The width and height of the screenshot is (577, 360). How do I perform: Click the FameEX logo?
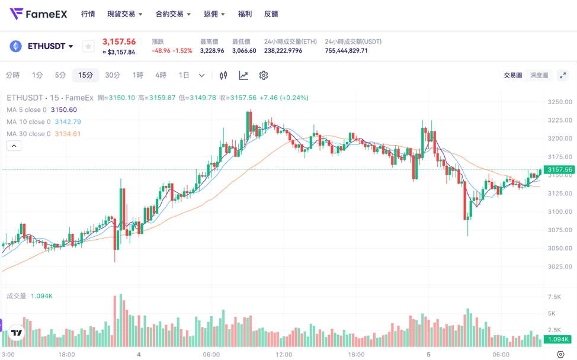point(39,14)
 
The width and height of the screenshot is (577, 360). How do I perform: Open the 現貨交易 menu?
point(124,14)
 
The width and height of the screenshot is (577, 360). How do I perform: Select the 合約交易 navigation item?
point(172,14)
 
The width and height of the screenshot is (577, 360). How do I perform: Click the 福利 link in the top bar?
point(244,14)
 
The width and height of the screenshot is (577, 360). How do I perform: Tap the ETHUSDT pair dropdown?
point(50,46)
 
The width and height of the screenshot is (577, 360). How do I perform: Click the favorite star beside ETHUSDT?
point(88,46)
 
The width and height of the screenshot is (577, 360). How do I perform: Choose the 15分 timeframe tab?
point(85,75)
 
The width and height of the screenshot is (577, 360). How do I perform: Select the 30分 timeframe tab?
point(113,75)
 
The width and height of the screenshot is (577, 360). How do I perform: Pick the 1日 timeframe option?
point(184,75)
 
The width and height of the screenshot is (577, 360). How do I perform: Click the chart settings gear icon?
point(264,75)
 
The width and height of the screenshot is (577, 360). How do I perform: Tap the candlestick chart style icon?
point(223,75)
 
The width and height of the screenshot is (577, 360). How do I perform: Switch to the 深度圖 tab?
point(539,75)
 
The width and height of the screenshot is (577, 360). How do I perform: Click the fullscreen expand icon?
point(563,75)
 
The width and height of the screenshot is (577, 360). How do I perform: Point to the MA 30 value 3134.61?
point(68,134)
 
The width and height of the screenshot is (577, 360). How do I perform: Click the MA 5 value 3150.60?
point(64,110)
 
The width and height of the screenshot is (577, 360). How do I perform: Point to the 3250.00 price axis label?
point(560,102)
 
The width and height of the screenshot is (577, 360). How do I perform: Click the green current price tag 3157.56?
point(560,170)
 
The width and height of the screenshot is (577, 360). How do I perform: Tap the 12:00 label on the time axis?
point(284,354)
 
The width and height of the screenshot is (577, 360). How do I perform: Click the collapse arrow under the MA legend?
point(14,146)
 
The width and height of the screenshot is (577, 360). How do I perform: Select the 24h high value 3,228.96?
point(212,51)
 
